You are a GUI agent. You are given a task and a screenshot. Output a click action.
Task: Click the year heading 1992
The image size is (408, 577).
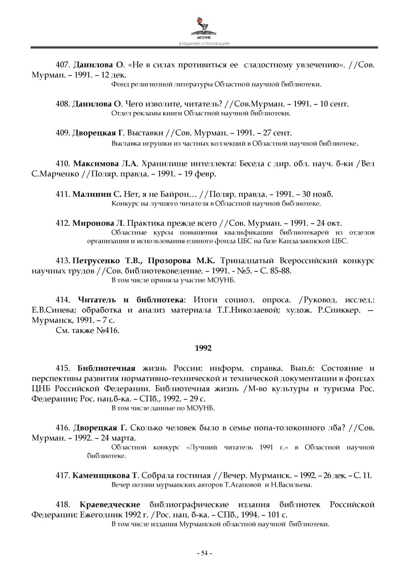pyautogui.click(x=203, y=348)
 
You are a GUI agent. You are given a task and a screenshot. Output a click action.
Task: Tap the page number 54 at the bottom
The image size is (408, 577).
pyautogui.click(x=204, y=553)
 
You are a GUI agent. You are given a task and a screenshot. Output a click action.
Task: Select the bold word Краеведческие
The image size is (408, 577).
pyautogui.click(x=110, y=504)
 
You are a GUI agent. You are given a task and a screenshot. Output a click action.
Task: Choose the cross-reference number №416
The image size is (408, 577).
pyautogui.click(x=107, y=330)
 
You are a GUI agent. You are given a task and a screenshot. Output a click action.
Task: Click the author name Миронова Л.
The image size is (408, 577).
pyautogui.click(x=98, y=223)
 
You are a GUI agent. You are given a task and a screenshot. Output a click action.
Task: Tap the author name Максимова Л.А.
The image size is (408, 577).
pyautogui.click(x=106, y=164)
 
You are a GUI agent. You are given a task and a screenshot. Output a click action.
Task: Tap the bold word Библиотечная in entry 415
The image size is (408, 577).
pyautogui.click(x=106, y=368)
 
